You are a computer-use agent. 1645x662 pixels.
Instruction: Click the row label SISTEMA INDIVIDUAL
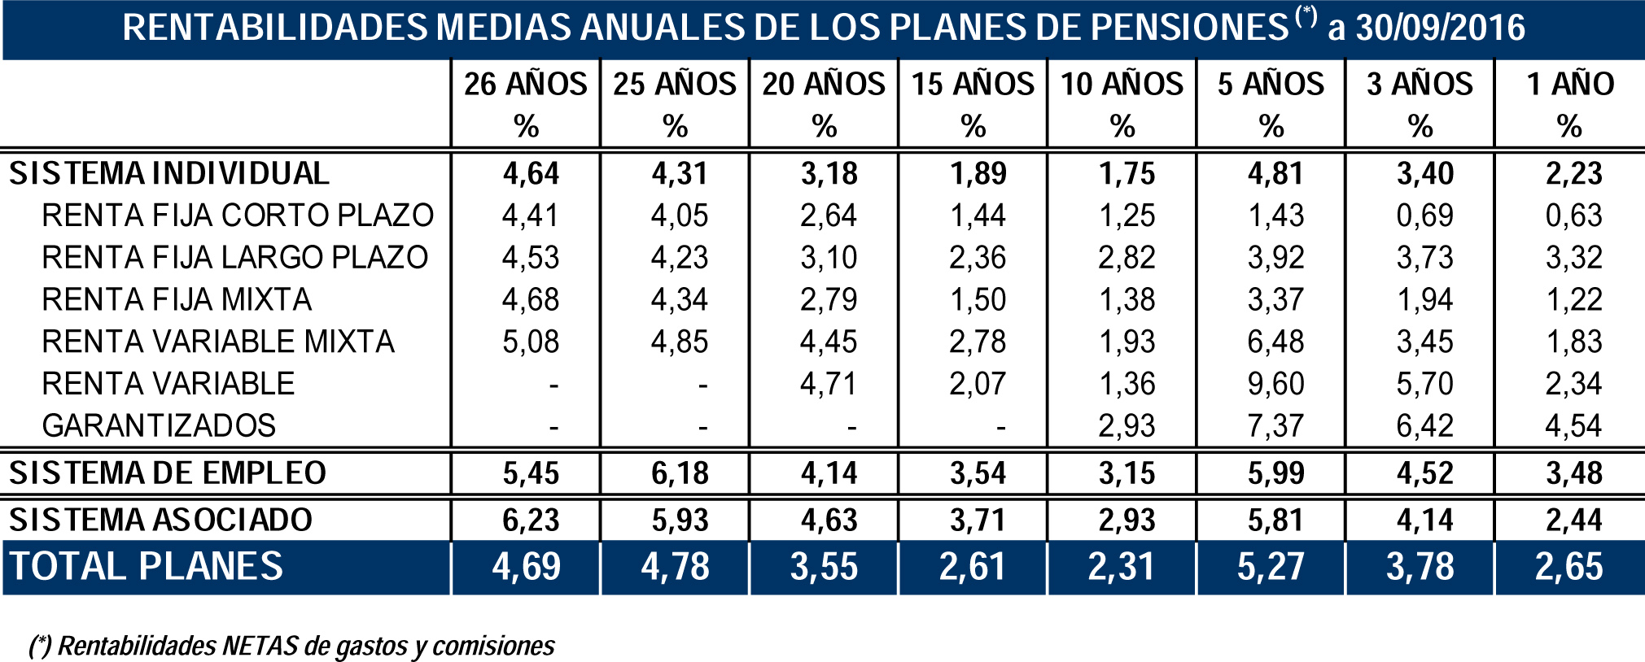point(169,174)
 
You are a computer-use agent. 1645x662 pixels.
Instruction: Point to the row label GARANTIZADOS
point(159,426)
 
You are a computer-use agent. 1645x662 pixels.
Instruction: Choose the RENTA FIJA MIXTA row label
point(177,300)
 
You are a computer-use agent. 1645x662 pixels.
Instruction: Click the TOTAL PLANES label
point(147,567)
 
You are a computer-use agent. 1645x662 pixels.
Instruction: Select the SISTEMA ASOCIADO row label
point(160,520)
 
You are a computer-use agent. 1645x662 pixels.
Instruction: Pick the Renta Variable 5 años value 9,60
point(1275,384)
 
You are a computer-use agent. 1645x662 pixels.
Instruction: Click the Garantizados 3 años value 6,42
point(1424,426)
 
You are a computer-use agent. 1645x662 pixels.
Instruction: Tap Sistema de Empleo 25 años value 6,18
point(680,473)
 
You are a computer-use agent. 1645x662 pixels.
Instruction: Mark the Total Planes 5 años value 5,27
point(1271,567)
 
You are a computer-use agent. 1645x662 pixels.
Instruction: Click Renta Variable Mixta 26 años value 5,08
point(531,342)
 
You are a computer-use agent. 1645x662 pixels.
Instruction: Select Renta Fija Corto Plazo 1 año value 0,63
point(1573,216)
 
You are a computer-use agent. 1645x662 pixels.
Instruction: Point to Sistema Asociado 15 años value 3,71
point(978,520)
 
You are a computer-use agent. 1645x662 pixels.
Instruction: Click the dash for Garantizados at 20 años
point(851,426)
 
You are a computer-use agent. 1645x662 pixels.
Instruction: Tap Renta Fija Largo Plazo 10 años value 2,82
point(1127,258)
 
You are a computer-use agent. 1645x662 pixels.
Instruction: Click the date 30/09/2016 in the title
point(1440,28)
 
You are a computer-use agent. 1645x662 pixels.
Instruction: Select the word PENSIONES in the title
point(1190,28)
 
